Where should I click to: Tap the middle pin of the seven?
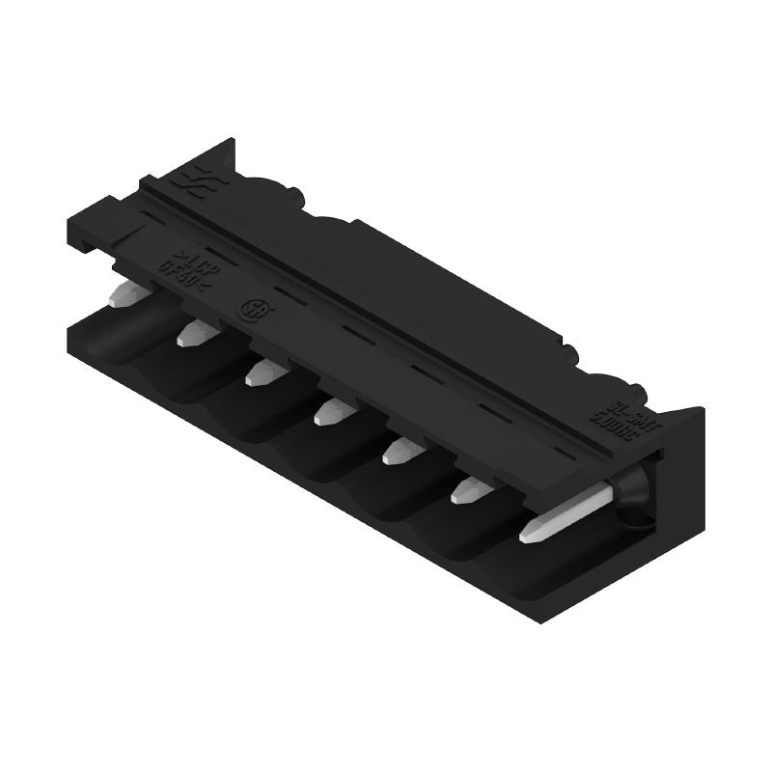coord(328,412)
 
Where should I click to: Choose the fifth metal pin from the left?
coord(396,452)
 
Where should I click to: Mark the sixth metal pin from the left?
coord(465,491)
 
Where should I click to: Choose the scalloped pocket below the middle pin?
coord(318,454)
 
